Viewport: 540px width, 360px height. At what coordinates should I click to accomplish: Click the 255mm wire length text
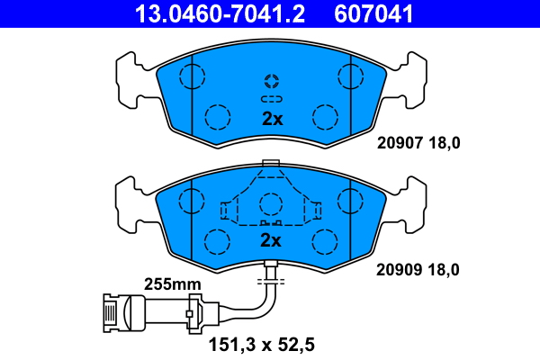pyautogui.click(x=172, y=283)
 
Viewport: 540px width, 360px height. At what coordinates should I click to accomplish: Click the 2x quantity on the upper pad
pyautogui.click(x=271, y=119)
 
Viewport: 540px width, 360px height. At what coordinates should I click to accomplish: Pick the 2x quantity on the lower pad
pyautogui.click(x=271, y=240)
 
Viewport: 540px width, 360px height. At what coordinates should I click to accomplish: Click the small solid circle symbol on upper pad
pyautogui.click(x=271, y=79)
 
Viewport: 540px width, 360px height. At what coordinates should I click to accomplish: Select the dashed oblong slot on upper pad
pyautogui.click(x=271, y=98)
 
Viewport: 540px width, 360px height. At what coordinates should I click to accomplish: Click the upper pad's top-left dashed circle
pyautogui.click(x=191, y=76)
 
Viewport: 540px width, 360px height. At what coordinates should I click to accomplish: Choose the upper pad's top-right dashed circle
pyautogui.click(x=350, y=76)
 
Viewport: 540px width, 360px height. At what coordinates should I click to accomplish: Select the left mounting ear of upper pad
pyautogui.click(x=129, y=79)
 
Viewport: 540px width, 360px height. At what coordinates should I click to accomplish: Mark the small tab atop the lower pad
pyautogui.click(x=270, y=163)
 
